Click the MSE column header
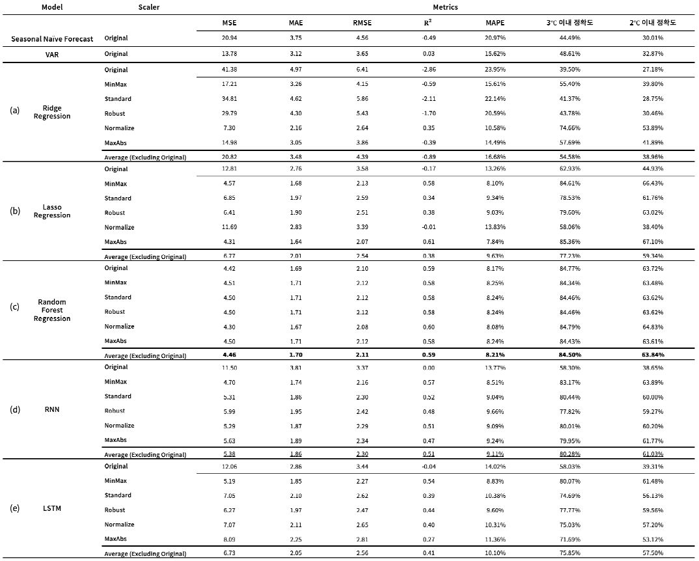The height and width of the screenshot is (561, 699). tap(228, 23)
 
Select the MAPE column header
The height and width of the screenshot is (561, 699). tap(495, 23)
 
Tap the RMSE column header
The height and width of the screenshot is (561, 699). tap(363, 23)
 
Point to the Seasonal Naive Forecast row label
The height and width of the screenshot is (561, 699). tap(52, 39)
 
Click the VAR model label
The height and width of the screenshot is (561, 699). tap(52, 54)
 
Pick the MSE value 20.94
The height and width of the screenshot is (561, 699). tap(228, 38)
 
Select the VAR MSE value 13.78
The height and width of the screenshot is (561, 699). tap(228, 54)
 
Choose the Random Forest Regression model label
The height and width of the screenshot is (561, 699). tap(52, 310)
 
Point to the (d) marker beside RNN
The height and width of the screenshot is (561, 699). tap(14, 409)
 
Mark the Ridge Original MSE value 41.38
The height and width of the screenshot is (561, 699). tap(228, 70)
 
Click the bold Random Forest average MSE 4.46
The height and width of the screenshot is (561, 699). tap(228, 355)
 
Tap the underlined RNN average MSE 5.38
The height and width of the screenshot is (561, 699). tap(228, 454)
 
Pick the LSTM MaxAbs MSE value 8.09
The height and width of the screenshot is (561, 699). tap(228, 539)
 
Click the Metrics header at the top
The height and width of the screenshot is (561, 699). tap(445, 7)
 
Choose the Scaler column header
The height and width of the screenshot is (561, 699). tap(149, 7)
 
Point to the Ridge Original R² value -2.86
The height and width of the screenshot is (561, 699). tap(428, 70)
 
